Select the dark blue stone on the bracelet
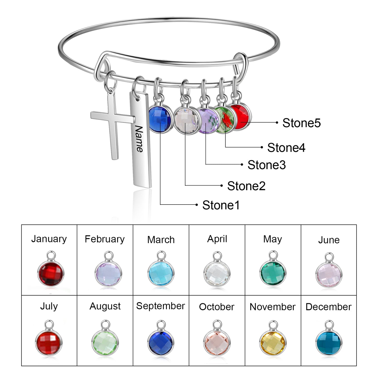pos(160,119)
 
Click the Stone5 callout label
pos(301,123)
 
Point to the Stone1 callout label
pos(221,205)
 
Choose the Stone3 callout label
pos(266,165)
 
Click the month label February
pos(105,239)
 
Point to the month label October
pos(217,307)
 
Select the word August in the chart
pos(105,306)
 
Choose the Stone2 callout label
pos(246,186)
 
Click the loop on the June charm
pos(329,257)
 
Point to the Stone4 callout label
pos(286,148)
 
